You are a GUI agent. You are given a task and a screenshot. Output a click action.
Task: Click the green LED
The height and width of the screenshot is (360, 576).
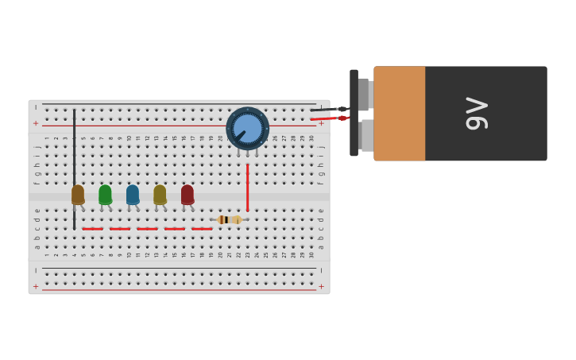(105, 194)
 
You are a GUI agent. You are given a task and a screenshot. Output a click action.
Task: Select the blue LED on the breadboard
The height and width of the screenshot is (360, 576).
(132, 194)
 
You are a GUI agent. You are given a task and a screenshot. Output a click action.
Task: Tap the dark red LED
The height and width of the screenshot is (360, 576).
(187, 194)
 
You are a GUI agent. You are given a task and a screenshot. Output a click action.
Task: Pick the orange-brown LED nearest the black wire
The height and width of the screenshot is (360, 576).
(77, 194)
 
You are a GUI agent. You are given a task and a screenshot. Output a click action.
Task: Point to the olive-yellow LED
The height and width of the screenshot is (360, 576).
(160, 194)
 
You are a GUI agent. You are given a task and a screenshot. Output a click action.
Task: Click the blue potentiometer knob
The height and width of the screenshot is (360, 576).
(247, 128)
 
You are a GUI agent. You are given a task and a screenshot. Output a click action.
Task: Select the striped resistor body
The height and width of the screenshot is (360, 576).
(229, 219)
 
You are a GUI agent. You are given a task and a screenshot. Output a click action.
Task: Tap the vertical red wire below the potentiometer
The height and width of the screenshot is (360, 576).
(247, 187)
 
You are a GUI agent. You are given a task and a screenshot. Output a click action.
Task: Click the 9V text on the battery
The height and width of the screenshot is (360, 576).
(477, 113)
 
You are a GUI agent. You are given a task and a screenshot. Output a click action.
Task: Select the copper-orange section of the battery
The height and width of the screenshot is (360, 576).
(399, 113)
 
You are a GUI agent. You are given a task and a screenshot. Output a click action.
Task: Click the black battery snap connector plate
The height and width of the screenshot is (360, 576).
(354, 113)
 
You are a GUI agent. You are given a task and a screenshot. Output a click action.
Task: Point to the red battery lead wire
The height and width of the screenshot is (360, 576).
(326, 118)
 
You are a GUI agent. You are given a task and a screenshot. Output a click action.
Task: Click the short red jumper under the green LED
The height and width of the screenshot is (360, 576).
(120, 229)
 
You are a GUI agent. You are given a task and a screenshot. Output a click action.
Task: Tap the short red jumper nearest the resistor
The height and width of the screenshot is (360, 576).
(202, 229)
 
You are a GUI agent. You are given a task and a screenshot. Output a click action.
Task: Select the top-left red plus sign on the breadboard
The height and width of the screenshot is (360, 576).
(36, 123)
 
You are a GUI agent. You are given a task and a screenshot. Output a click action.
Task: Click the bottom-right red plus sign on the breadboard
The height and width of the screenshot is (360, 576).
(321, 286)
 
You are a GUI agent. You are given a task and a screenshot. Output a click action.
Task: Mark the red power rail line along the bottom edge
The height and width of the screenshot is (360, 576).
(179, 290)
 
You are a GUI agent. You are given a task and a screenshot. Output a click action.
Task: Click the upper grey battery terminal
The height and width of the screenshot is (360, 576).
(364, 95)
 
